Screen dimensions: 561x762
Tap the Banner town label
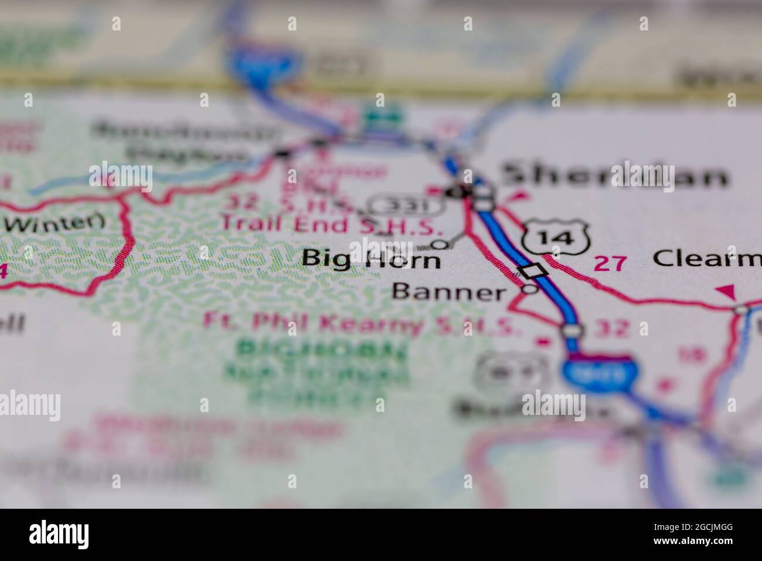click(x=448, y=291)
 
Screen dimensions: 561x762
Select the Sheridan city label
click(x=612, y=175)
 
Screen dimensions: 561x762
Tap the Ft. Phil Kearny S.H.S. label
click(x=362, y=323)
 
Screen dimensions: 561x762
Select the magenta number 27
click(x=610, y=263)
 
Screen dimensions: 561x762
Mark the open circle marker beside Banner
click(x=530, y=289)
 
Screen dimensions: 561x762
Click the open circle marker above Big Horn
click(x=440, y=244)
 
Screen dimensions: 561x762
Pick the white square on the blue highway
click(x=533, y=271)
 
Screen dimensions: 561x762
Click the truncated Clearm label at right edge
click(x=707, y=258)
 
